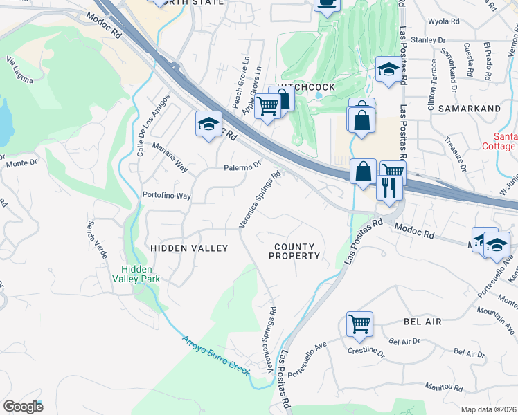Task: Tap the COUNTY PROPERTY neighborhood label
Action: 294,251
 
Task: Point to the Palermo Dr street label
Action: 242,167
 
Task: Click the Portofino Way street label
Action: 166,196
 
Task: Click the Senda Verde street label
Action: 97,239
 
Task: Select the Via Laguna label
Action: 19,70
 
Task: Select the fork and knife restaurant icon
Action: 389,187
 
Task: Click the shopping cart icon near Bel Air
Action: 359,323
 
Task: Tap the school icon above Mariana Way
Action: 208,124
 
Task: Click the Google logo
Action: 23,407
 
